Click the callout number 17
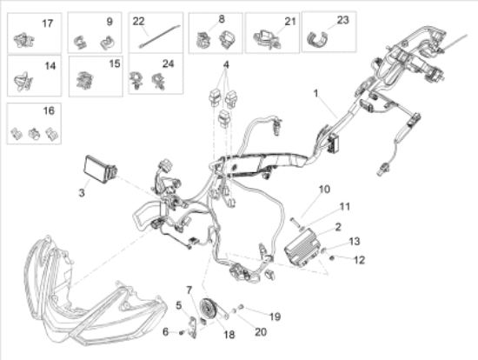point(47,23)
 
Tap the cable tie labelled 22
point(160,37)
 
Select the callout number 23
point(343,20)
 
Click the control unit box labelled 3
point(100,170)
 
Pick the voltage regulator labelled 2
point(302,248)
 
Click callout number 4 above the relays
point(226,64)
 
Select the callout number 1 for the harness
point(315,93)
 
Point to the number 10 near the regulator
point(324,190)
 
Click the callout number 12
point(360,260)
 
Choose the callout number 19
point(275,317)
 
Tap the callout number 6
point(165,331)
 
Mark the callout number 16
point(49,110)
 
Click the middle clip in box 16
point(34,134)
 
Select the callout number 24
point(168,63)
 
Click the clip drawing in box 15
point(85,80)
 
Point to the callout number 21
point(290,22)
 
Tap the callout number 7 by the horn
point(189,290)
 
